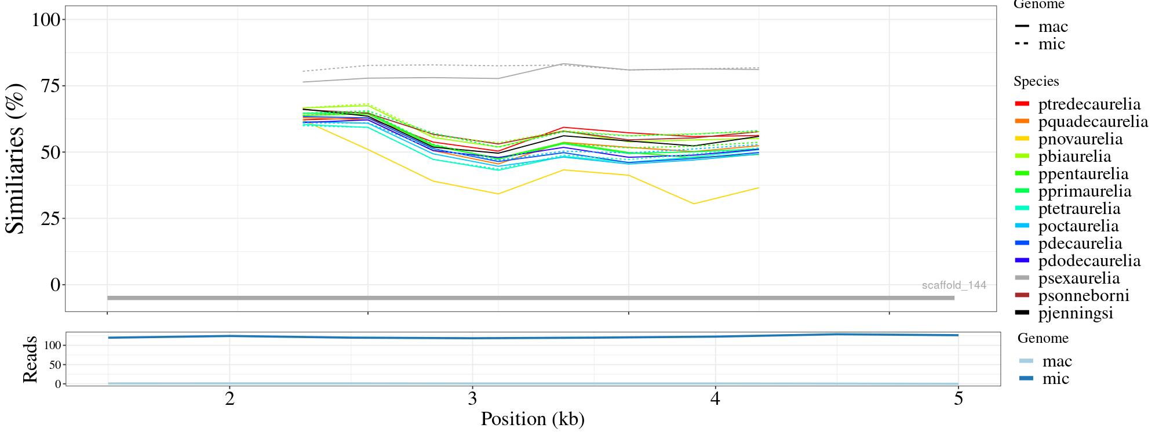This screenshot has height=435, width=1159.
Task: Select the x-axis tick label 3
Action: pos(472,399)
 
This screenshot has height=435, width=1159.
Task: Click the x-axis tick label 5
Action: pos(958,399)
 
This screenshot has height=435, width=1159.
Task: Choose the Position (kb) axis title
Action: pos(532,419)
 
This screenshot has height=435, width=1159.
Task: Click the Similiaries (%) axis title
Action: pos(16,158)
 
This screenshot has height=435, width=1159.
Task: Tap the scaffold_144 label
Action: pos(954,285)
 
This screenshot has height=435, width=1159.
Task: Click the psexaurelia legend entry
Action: pos(1078,278)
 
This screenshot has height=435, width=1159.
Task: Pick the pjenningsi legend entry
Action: pos(1075,313)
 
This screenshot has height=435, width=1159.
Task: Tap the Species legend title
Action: pos(1036,82)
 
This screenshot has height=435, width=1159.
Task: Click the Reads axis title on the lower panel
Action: pos(30,359)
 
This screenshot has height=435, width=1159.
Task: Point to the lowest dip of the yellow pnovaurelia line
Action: pos(694,204)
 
